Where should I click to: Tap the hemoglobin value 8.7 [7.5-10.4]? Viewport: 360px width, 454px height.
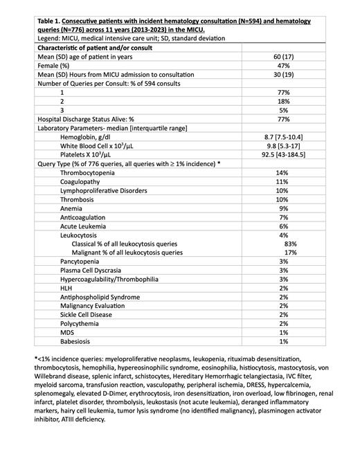pos(282,137)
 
